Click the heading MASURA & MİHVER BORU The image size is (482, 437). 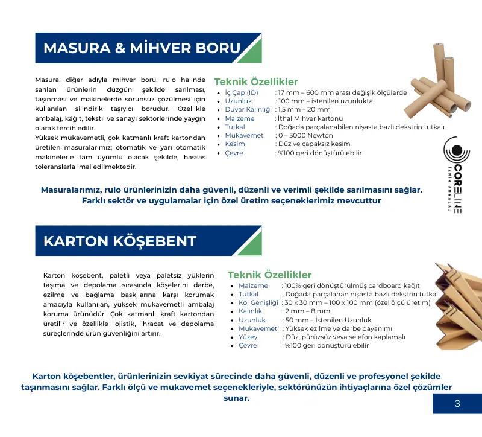142,48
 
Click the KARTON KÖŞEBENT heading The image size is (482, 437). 120,241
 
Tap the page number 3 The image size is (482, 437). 457,404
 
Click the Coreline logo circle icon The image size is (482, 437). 452,151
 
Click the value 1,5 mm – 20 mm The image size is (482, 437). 304,110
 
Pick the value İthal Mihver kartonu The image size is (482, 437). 310,118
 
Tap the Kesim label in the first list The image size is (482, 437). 235,144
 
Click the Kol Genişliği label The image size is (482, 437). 258,302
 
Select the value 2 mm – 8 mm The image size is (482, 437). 305,311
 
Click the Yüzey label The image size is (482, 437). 248,337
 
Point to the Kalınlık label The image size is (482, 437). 250,311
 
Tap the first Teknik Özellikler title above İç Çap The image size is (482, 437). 256,81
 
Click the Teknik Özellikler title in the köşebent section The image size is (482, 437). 269,275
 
